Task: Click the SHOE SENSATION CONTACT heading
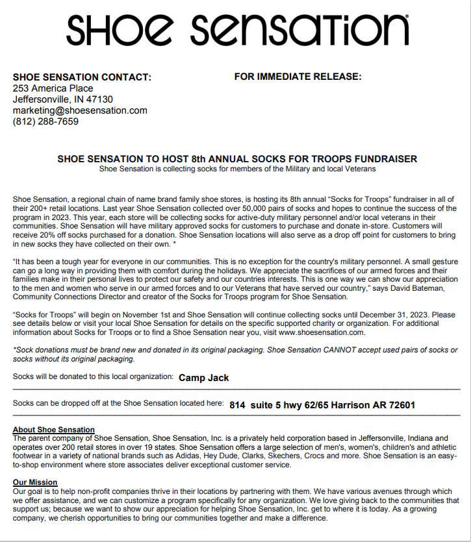click(82, 77)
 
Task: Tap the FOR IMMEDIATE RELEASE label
click(298, 77)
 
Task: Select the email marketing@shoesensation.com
click(80, 110)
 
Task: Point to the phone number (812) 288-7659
click(45, 121)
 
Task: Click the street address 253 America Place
click(53, 88)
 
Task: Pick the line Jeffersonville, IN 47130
click(62, 99)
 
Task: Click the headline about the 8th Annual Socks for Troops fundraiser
click(237, 159)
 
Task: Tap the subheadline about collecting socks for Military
click(237, 169)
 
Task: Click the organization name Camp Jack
click(203, 378)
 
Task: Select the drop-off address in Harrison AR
click(322, 405)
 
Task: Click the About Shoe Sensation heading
click(54, 430)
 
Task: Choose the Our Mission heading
click(35, 482)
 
